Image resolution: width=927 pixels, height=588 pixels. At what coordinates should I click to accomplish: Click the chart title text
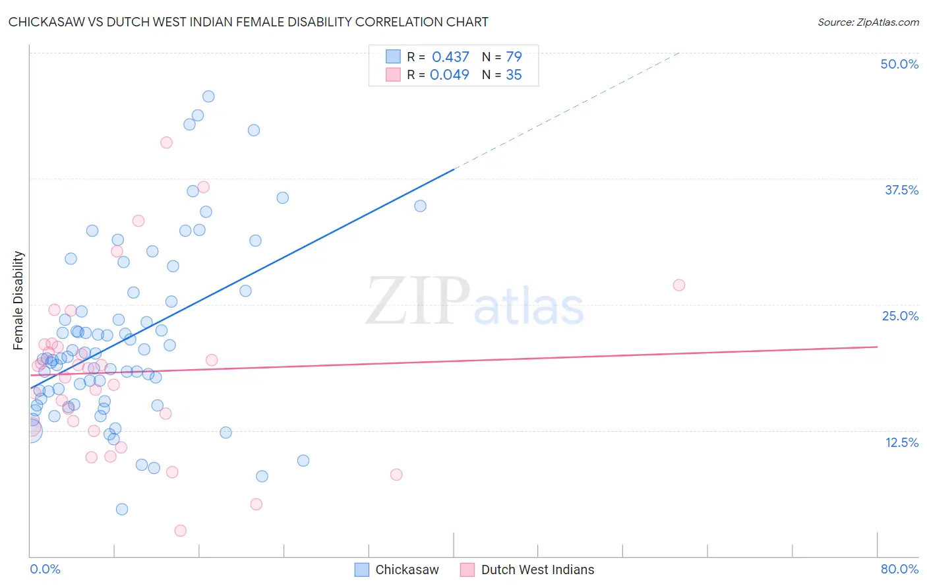(x=248, y=22)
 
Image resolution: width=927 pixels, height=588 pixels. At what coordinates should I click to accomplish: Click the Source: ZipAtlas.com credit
(x=868, y=22)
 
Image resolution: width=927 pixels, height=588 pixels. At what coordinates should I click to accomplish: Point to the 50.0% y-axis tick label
(x=899, y=64)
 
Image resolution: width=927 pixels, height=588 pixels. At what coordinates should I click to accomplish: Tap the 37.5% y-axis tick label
(x=901, y=190)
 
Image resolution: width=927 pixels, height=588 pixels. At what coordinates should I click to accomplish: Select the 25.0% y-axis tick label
(x=900, y=316)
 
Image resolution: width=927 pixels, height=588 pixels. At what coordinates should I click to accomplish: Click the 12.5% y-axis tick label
(x=901, y=442)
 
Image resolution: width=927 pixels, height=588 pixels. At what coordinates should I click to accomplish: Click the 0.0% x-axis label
(x=45, y=569)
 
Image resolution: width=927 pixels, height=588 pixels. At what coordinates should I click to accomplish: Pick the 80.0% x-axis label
(x=899, y=569)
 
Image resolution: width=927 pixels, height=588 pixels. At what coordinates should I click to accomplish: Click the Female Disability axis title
(x=18, y=300)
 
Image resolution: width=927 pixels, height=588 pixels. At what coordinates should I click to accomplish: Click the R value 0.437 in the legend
(x=450, y=57)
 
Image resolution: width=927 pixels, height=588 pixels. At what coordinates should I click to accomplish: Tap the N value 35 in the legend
(x=514, y=74)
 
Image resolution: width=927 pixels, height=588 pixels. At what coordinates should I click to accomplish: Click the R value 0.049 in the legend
(x=449, y=74)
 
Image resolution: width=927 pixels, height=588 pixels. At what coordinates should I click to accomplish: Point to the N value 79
(x=514, y=57)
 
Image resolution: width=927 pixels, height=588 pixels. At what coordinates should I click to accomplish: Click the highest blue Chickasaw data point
(x=208, y=96)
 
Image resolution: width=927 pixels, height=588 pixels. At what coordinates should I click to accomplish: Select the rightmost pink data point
(x=679, y=285)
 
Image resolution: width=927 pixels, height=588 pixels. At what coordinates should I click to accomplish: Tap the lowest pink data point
(x=180, y=531)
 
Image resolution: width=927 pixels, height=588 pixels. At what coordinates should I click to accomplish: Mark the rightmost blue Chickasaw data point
(x=420, y=206)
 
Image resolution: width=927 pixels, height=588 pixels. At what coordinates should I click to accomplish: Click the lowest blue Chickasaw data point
(x=122, y=509)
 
